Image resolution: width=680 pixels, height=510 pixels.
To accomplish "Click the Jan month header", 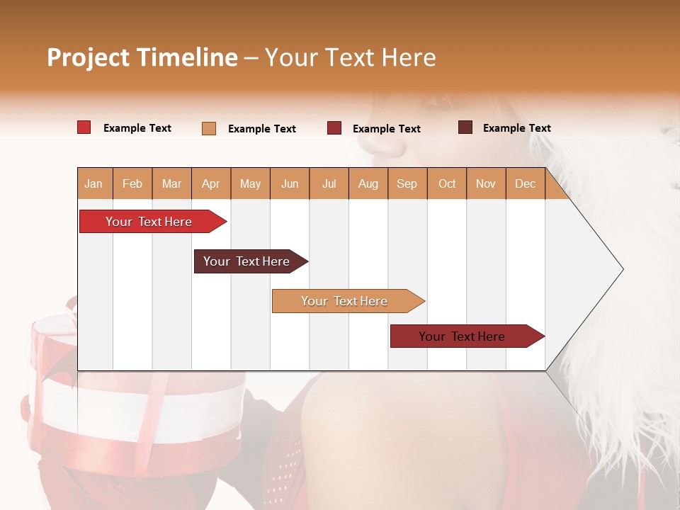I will coord(93,183).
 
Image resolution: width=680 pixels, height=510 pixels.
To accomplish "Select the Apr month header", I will coord(210,183).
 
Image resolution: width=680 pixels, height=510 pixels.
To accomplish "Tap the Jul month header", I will coord(329,183).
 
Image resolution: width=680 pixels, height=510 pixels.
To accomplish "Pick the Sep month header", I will coord(407,183).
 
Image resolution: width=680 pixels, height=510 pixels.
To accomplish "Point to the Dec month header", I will coord(525,183).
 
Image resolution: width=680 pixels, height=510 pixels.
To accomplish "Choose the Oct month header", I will coord(446,183).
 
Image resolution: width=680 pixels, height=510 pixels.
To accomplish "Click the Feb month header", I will coord(132,183).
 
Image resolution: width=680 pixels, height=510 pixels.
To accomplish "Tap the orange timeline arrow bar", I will coord(346,301).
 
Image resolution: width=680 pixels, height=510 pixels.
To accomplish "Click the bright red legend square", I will coord(84,127).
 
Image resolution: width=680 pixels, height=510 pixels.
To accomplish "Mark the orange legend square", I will coord(209,128).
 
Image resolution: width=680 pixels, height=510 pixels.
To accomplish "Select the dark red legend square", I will coord(334,128).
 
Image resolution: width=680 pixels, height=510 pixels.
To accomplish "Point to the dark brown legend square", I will coord(465,127).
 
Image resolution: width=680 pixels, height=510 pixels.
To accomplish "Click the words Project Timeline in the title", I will coord(142,57).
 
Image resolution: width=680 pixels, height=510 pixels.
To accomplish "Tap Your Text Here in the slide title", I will coord(350,57).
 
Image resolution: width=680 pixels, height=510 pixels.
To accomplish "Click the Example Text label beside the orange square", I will coord(261,129).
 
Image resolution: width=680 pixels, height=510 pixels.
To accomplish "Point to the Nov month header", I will coord(485,183).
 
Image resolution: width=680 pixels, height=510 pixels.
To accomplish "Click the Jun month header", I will coord(289,183).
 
